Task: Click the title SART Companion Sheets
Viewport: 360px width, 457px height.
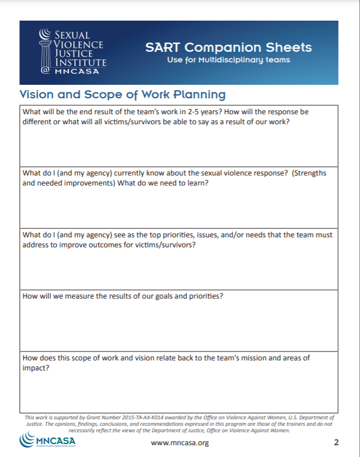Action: click(x=229, y=47)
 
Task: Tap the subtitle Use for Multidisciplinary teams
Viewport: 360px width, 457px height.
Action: click(x=229, y=60)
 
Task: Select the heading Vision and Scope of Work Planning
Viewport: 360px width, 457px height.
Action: click(x=123, y=94)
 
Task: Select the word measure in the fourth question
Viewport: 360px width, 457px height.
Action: click(x=84, y=296)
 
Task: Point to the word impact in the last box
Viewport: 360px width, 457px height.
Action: click(x=35, y=368)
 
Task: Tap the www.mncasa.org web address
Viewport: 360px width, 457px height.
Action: click(x=180, y=443)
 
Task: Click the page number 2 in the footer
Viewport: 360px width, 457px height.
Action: click(x=336, y=442)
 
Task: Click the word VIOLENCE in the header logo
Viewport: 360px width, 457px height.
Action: click(x=78, y=44)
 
